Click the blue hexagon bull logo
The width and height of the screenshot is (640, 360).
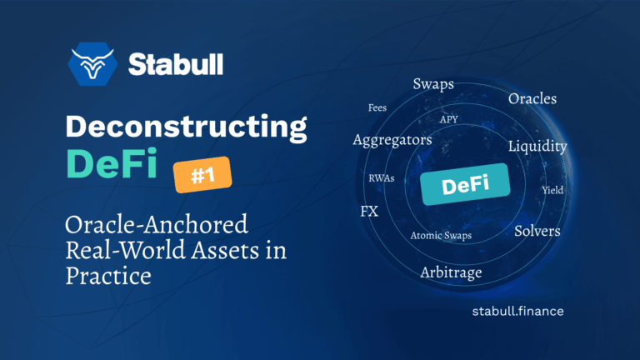click(x=93, y=63)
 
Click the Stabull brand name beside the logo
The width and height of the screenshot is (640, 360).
click(x=176, y=63)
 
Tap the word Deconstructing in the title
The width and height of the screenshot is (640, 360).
click(x=186, y=127)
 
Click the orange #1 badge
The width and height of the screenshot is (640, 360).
click(x=201, y=176)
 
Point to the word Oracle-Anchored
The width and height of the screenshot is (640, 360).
click(x=157, y=225)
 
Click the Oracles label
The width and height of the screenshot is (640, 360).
click(x=532, y=99)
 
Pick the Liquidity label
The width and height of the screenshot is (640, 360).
click(x=537, y=147)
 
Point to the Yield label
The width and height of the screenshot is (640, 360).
click(x=552, y=190)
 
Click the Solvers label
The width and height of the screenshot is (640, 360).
click(x=537, y=230)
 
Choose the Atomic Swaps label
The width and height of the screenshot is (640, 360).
click(x=441, y=236)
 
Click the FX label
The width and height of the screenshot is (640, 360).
click(x=369, y=211)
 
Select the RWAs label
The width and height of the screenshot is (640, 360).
click(x=382, y=178)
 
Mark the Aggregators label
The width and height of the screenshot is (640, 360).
click(x=392, y=140)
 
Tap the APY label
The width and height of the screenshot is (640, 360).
click(x=449, y=119)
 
